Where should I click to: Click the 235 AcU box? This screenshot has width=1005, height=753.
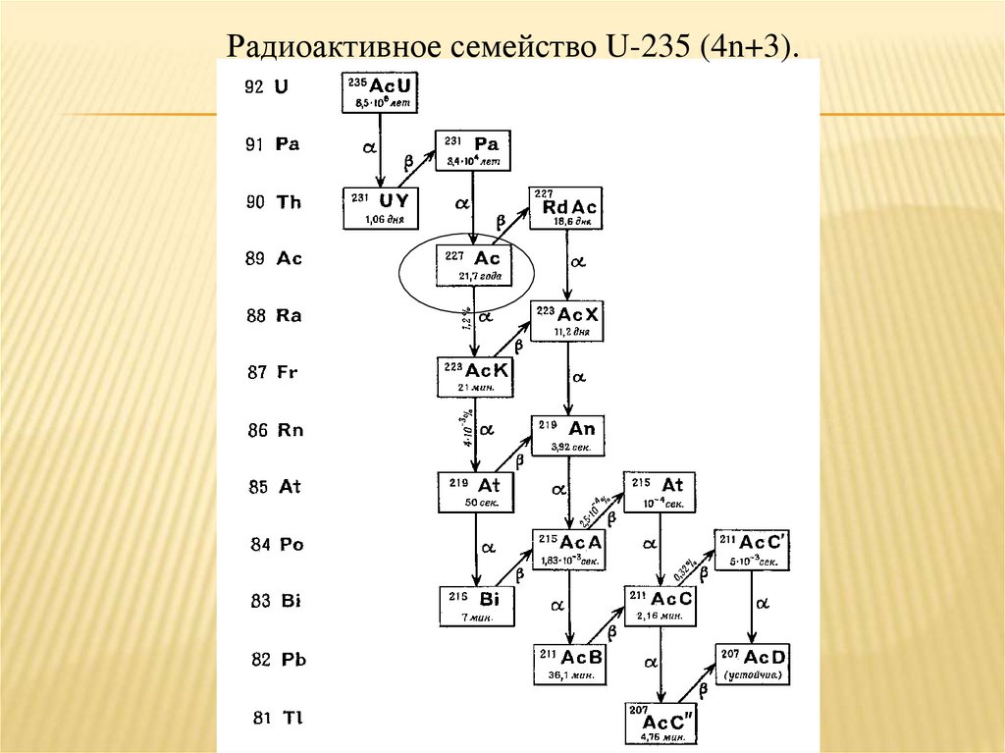[379, 92]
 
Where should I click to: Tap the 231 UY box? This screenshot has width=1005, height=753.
[379, 208]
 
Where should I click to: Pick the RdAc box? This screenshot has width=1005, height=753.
[565, 208]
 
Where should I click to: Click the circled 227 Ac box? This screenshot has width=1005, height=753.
[473, 265]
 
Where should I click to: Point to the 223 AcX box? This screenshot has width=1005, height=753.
[567, 321]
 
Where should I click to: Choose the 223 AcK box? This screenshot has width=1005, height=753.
[473, 376]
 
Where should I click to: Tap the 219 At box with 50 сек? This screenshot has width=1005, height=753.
[474, 492]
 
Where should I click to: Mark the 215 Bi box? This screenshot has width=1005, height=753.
[476, 606]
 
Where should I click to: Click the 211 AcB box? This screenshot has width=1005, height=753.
[569, 664]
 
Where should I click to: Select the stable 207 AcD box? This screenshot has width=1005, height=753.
[753, 664]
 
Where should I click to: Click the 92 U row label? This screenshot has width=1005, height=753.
[266, 86]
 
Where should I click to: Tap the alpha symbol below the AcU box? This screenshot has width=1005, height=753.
[370, 146]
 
